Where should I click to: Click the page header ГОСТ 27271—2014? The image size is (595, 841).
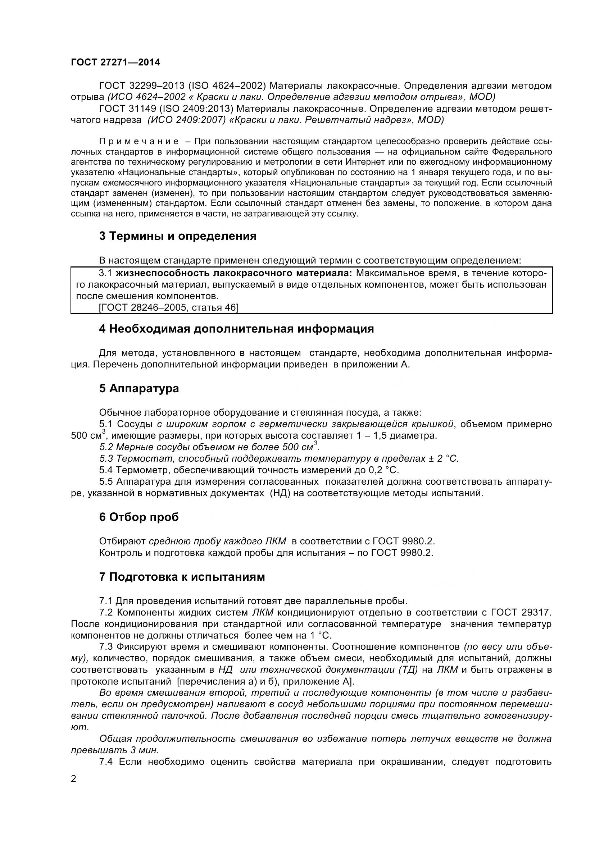tap(115, 62)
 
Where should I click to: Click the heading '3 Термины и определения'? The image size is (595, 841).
tap(178, 236)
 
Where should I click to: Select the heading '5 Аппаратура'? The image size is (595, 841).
tap(139, 388)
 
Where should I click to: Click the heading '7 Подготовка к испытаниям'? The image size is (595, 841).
tap(182, 576)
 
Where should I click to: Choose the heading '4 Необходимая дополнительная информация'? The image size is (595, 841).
tap(236, 329)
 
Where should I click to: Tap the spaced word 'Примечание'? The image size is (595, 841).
tap(139, 142)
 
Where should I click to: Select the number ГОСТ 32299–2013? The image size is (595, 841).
tap(142, 86)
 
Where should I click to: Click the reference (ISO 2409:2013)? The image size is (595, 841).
tap(199, 109)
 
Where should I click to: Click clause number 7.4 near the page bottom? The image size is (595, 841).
tap(106, 762)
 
